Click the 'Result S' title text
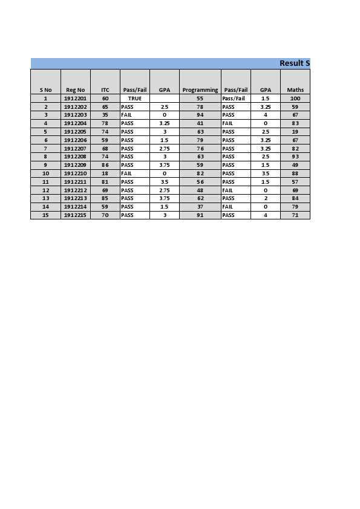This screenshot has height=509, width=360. [x=294, y=63]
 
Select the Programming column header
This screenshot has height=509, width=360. [x=200, y=90]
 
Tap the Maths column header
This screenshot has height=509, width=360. [x=295, y=90]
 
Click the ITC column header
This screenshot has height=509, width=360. [x=105, y=90]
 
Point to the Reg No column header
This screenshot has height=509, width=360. [x=76, y=90]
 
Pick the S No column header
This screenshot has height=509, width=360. [x=45, y=90]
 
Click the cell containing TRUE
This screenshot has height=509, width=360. [x=134, y=98]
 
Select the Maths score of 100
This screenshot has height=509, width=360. [x=295, y=98]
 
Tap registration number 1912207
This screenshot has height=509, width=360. [x=76, y=148]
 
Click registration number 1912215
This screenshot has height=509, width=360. [x=76, y=215]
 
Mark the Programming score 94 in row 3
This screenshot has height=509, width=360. [x=200, y=115]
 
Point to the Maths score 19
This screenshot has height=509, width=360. [x=295, y=131]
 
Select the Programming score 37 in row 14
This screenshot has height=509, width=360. [x=200, y=207]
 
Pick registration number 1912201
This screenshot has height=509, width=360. [x=76, y=98]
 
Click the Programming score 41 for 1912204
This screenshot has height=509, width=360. [x=200, y=123]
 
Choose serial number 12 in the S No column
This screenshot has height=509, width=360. [x=45, y=190]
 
